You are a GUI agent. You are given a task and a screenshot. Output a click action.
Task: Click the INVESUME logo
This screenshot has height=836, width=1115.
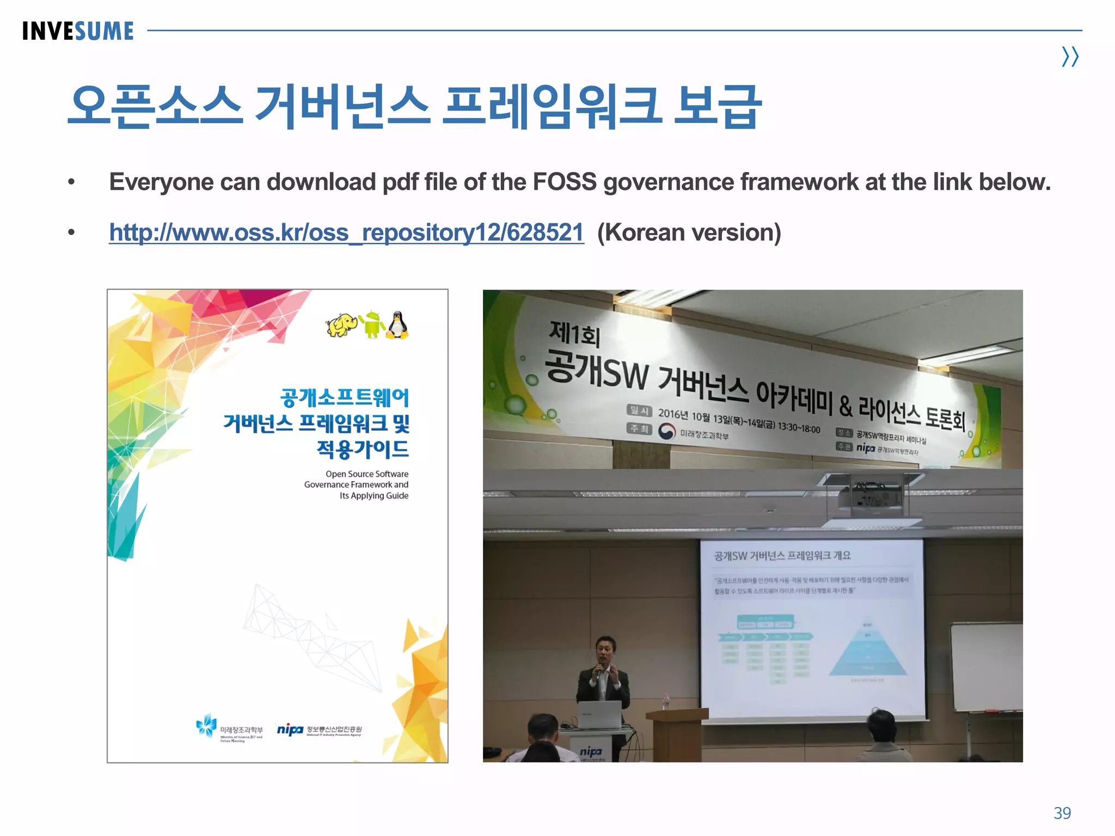pos(78,31)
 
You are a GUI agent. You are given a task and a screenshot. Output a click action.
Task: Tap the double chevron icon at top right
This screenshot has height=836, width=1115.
pos(1070,57)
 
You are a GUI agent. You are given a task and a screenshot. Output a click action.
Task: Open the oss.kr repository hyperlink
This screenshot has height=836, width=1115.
pos(346,232)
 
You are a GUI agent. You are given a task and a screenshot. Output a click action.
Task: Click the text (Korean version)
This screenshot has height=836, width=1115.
pos(689,232)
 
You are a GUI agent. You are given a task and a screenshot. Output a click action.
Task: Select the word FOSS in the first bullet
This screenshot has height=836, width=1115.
pos(564,182)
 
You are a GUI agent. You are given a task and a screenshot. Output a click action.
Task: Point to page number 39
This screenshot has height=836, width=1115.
pos(1062,813)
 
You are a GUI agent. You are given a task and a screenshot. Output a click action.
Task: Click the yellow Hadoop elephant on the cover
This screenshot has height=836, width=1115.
pos(341,325)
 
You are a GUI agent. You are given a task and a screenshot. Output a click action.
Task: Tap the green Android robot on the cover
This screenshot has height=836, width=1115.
pos(372,324)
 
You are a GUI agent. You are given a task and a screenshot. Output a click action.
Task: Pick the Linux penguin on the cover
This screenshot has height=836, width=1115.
pos(397,325)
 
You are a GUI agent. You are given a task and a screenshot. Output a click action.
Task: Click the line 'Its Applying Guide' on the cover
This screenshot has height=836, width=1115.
pos(373,495)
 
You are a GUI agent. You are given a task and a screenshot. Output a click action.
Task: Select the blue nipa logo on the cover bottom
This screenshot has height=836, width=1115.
pos(290,729)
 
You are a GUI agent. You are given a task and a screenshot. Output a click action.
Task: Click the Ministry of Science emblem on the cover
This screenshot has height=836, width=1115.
pos(207,726)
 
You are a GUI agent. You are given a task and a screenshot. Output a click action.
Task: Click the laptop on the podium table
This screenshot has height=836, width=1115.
pos(599,715)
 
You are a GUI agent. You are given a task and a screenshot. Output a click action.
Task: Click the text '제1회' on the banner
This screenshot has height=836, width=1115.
pos(574,333)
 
